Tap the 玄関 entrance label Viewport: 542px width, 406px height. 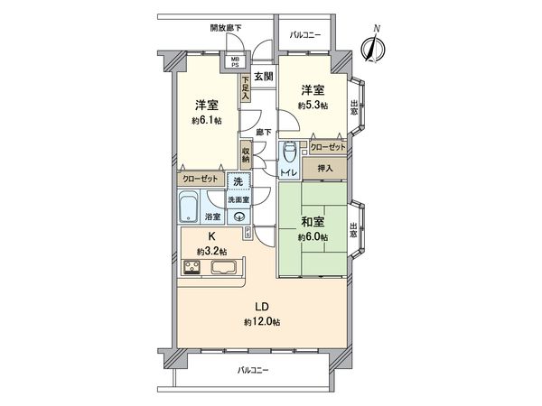coord(263,77)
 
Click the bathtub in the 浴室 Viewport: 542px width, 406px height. coord(189,211)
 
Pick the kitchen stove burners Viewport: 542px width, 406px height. coord(194,266)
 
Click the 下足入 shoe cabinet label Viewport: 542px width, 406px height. coord(245,87)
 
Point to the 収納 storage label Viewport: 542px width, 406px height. coord(245,156)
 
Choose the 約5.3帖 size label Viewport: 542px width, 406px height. coord(312,105)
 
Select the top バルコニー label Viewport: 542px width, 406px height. coord(306,35)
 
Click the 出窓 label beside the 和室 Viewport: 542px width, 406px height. coord(354,229)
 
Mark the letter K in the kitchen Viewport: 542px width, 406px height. coord(210,238)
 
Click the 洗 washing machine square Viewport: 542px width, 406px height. coord(233,181)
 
